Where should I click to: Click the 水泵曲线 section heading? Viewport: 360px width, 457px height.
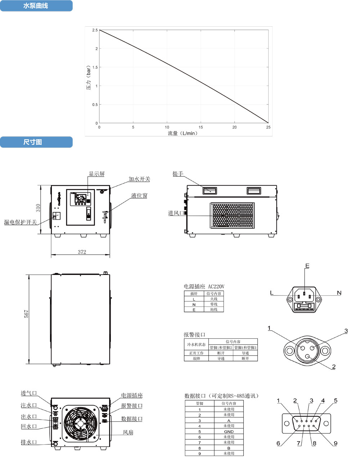pos(36,6)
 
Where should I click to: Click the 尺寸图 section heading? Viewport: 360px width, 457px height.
pos(33,142)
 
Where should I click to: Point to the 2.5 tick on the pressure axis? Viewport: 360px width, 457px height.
pos(95,30)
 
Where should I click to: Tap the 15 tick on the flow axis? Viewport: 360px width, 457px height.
pos(201,127)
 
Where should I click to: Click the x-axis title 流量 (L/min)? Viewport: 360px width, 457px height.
pos(183,133)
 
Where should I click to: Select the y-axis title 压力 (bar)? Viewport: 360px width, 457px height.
pos(89,79)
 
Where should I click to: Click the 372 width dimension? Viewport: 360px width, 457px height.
pos(82,252)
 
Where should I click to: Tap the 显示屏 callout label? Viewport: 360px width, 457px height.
pos(96,174)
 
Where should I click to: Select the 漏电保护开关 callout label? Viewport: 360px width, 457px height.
pos(21,222)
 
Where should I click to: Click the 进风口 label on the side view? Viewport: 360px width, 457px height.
pos(176,213)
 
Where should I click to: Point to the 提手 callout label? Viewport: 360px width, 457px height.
pos(178,174)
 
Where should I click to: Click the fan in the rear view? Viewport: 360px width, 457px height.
pos(80,425)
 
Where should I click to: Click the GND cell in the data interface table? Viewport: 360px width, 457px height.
pos(229,431)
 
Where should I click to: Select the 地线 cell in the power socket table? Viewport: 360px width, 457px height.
pos(213,309)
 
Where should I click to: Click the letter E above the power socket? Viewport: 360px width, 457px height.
pos(307,266)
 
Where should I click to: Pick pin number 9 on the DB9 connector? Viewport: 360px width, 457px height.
pos(336,443)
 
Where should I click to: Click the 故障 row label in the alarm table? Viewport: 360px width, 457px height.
pos(196,359)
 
